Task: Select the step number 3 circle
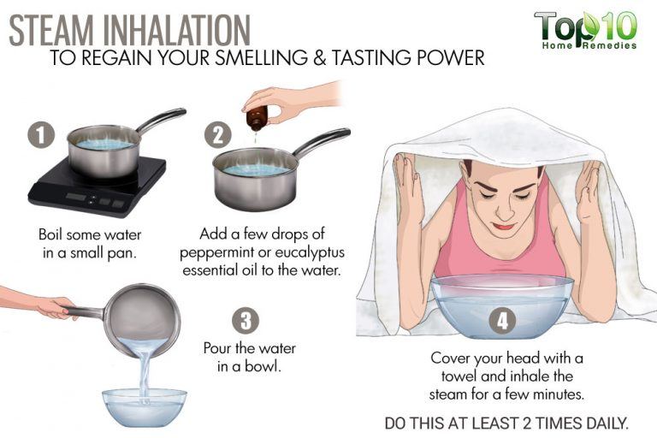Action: pyautogui.click(x=246, y=322)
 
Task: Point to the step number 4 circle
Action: pyautogui.click(x=501, y=322)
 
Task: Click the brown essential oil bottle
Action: pyautogui.click(x=256, y=118)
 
